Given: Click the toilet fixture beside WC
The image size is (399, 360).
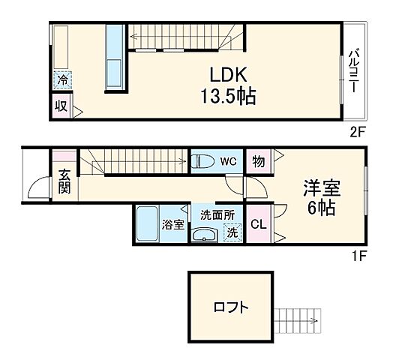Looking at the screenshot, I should (x=202, y=160).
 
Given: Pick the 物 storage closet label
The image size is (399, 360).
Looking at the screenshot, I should (x=258, y=160).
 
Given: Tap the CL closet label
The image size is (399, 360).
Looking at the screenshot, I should (x=257, y=224).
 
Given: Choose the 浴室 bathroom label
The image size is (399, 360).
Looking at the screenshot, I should (x=173, y=224).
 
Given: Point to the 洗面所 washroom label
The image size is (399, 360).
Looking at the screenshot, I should (x=217, y=214).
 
